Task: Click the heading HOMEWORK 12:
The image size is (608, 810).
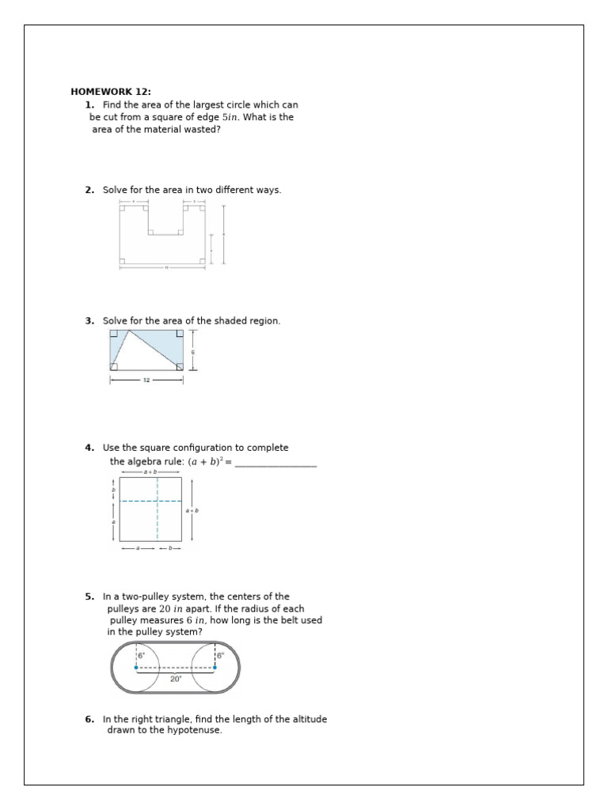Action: [x=110, y=92]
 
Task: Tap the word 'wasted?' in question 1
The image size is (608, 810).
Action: [x=201, y=130]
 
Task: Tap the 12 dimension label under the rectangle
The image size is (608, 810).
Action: [x=146, y=380]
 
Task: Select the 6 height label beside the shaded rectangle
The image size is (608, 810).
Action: [x=192, y=352]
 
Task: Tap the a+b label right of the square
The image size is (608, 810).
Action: [x=192, y=511]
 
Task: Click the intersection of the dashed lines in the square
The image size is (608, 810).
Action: [x=158, y=501]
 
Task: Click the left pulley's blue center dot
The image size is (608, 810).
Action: [x=137, y=668]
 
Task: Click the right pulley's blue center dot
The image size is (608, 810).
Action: [x=215, y=668]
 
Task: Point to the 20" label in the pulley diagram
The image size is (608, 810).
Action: [x=176, y=679]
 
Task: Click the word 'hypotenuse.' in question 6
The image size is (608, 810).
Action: [x=194, y=730]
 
